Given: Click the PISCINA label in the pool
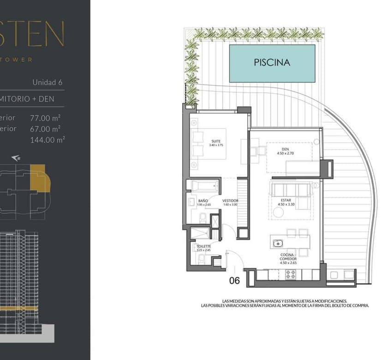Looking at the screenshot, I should (x=272, y=62).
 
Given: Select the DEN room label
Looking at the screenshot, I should (x=283, y=151).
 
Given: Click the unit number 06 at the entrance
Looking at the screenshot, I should (x=235, y=280).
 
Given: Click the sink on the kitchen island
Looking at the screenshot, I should (x=278, y=243).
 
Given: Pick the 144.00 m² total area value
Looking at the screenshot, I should (x=47, y=140).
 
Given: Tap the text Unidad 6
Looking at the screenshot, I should (x=47, y=83).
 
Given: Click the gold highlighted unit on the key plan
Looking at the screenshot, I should (x=38, y=178).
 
